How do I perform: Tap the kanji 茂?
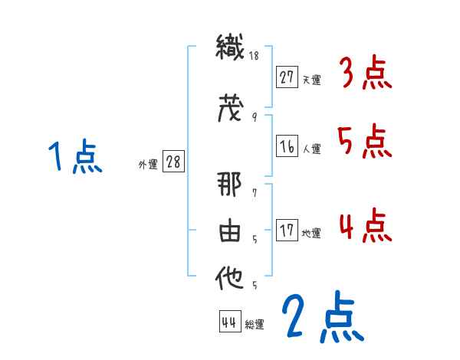[x=230, y=109]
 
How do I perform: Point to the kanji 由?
[x=230, y=233]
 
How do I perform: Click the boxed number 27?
[x=287, y=77]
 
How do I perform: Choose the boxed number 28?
[x=173, y=162]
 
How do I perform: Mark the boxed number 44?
[x=229, y=322]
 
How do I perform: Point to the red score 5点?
[x=366, y=142]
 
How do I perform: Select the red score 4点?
[x=366, y=227]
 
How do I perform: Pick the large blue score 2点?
[x=322, y=316]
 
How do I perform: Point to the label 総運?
[x=255, y=325]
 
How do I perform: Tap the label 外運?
[x=147, y=164]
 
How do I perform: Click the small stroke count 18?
[x=253, y=56]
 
